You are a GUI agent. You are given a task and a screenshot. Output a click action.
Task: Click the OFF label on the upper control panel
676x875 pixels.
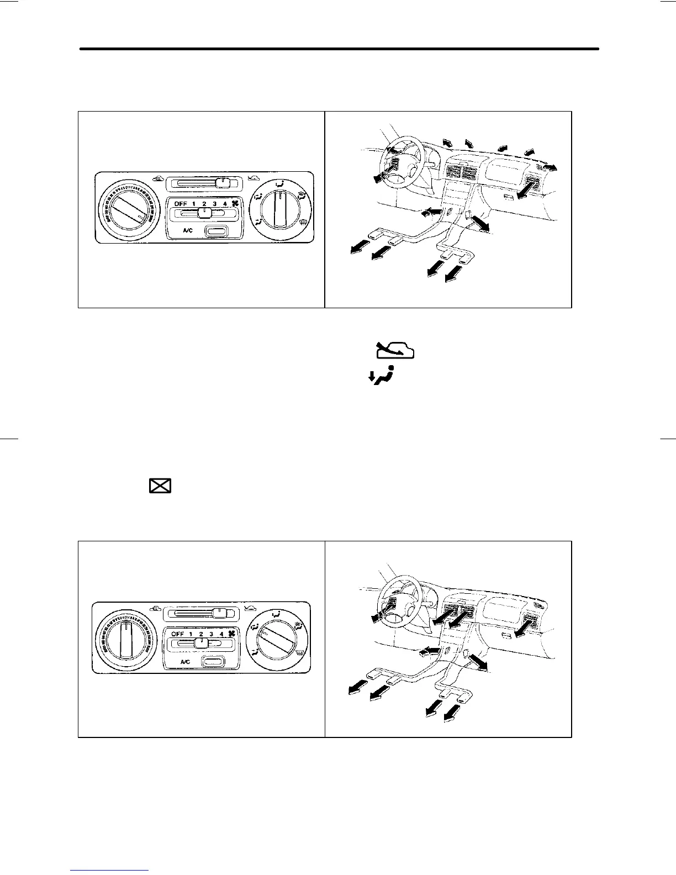(181, 204)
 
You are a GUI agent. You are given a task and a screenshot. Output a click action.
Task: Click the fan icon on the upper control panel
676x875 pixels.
(234, 204)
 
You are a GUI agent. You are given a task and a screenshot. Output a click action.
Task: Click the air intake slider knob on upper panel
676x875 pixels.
(223, 182)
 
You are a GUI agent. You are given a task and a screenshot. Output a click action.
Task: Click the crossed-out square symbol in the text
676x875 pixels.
(160, 486)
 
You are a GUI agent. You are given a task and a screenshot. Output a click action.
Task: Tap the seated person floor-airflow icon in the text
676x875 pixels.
(382, 376)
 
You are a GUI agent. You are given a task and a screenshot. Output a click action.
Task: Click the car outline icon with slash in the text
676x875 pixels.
(395, 350)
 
